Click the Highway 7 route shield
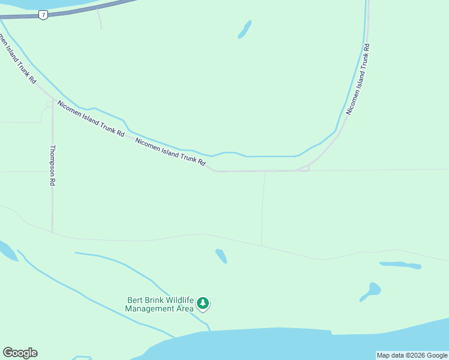pos(43,15)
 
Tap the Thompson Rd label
pos(53,165)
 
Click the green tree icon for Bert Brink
pos(203,304)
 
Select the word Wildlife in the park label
pos(176,300)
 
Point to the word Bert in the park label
pos(135,300)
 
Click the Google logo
pos(20,353)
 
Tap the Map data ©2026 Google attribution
pos(412,355)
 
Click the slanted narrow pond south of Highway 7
pos(244,29)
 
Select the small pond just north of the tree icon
pos(221,256)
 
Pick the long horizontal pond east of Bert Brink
pos(400,265)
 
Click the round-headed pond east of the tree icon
pos(372,291)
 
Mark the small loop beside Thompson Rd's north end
pos(48,104)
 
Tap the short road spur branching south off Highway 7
pos(100,19)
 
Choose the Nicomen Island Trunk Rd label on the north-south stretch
pos(358,78)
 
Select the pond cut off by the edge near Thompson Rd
pos(7,251)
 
